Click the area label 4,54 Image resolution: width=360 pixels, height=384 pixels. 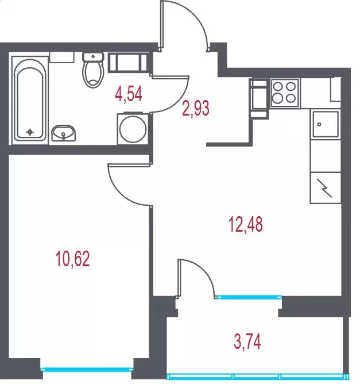pos(129,94)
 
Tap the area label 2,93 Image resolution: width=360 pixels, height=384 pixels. pos(196,108)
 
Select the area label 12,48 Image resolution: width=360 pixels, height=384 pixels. pos(246,224)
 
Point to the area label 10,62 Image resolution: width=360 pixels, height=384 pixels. pos(73,259)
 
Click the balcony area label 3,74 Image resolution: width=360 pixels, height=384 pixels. pos(247,341)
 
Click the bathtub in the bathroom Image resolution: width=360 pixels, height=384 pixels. pos(30,99)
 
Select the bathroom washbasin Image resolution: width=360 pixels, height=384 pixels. pos(63,133)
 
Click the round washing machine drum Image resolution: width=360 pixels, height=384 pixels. pos(133,129)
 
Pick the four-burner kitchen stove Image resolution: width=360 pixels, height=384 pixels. pos(284,93)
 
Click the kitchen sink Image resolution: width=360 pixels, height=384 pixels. pos(326,124)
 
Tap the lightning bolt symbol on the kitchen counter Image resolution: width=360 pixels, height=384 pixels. pos(324,188)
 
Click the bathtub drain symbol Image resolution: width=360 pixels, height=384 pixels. pos(30,132)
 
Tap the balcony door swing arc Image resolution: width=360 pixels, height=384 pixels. pos(205,271)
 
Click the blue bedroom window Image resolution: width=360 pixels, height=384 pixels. pos(87,369)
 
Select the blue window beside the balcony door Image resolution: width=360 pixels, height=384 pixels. pos(249,297)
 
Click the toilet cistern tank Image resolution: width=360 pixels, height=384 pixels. pos(93,56)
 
